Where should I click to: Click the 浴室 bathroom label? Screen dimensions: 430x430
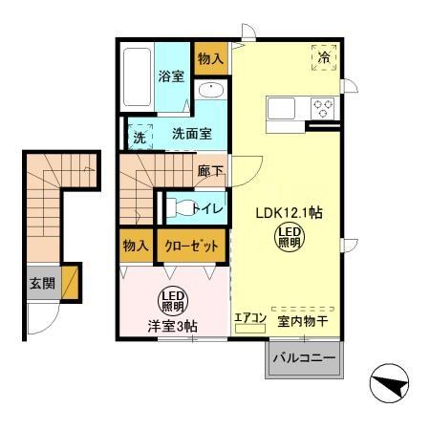(x=171, y=76)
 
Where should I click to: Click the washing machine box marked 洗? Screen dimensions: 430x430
(x=140, y=135)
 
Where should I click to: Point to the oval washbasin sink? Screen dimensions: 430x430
(x=210, y=91)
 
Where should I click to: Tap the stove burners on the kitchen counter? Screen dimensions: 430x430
(x=323, y=108)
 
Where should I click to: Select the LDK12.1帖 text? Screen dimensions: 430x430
(x=287, y=212)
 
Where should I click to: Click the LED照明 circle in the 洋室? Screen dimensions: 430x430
(x=171, y=298)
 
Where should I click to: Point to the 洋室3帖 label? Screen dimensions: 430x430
(x=172, y=326)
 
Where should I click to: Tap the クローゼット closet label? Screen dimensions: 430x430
(x=191, y=246)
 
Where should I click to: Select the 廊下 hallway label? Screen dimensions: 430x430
(x=211, y=172)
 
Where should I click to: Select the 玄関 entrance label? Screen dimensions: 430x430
(x=42, y=283)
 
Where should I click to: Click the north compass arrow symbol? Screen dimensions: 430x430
(x=390, y=385)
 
